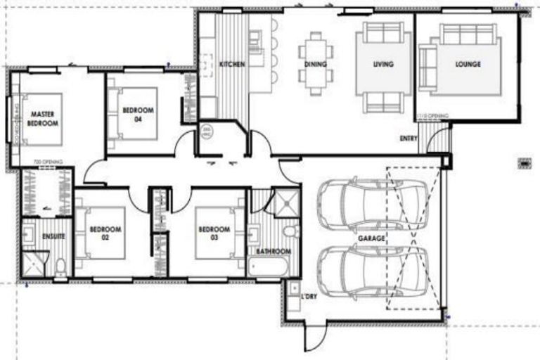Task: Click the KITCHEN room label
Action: (232, 64)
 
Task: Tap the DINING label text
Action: (315, 64)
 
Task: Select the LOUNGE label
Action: (468, 64)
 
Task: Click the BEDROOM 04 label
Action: (137, 115)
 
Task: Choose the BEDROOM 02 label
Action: (107, 233)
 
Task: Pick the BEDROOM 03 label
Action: (214, 233)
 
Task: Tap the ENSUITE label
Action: (53, 236)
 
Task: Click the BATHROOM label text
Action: (274, 251)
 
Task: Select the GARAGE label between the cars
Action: (371, 239)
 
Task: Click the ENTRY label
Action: (409, 139)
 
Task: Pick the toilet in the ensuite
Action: (61, 266)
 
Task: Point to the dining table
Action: (315, 56)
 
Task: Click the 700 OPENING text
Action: (48, 162)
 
